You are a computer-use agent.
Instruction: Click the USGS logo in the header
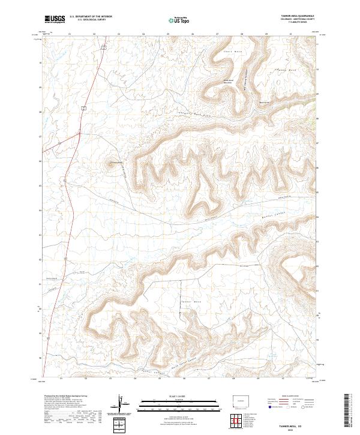(55, 19)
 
